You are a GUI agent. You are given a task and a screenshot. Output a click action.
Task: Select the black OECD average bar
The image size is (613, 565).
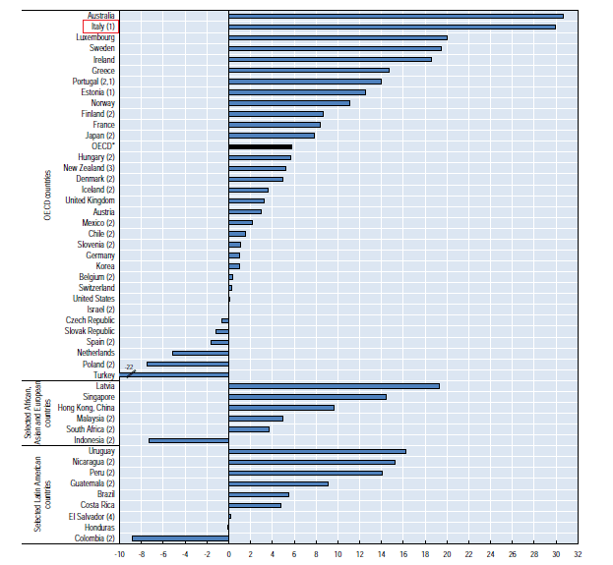click(260, 146)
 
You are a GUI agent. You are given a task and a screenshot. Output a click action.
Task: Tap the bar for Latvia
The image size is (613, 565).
click(334, 386)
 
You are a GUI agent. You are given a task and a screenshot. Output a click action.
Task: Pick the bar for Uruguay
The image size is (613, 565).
click(317, 451)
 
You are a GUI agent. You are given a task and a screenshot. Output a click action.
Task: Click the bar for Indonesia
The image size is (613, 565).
click(188, 440)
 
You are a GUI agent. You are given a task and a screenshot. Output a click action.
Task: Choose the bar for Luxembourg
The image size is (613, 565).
click(337, 37)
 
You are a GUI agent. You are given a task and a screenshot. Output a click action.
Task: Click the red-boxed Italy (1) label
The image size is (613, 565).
click(96, 27)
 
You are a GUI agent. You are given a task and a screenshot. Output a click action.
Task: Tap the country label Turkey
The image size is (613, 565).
click(103, 375)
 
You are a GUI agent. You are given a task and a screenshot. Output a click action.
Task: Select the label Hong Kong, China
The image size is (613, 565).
click(87, 408)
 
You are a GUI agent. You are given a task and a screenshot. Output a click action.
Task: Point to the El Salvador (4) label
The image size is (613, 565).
click(92, 516)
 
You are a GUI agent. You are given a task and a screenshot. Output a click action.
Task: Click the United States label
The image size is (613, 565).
click(93, 299)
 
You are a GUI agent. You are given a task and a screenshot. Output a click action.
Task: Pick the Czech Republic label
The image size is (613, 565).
click(91, 320)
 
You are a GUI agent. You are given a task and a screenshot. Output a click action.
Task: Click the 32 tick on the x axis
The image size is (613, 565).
click(578, 553)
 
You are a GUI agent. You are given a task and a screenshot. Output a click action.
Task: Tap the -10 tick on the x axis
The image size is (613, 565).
click(119, 553)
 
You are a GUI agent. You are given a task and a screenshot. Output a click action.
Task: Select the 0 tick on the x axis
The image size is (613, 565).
click(228, 553)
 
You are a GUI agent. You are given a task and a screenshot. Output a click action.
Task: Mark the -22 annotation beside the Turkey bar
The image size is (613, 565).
click(129, 367)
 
